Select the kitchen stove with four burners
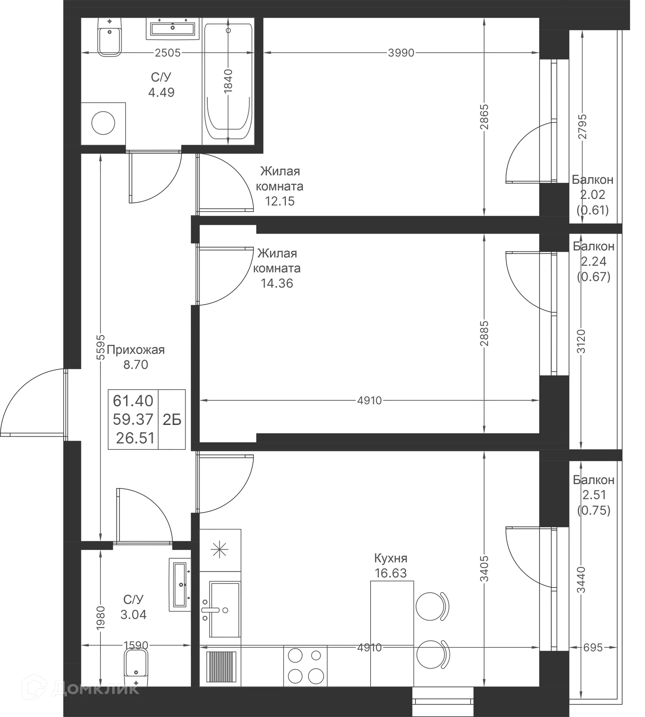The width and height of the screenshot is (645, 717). [x=305, y=666]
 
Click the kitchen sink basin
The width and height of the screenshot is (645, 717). [x=224, y=609]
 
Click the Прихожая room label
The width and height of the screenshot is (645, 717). [x=136, y=350]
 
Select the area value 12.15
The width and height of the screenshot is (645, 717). [x=279, y=201]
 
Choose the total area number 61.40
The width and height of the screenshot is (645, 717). [x=133, y=401]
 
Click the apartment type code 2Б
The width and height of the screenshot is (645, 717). [x=172, y=420]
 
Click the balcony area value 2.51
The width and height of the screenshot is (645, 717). [x=594, y=495]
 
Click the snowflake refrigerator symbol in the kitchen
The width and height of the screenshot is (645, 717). [x=219, y=548]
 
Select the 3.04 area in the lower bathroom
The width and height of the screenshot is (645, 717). [x=133, y=614]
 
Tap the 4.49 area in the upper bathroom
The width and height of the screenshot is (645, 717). [x=162, y=92]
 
